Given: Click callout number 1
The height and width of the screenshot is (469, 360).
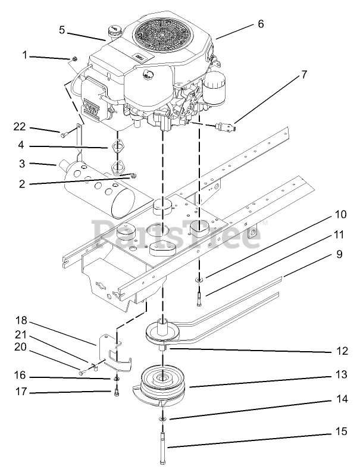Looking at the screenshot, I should pyautogui.click(x=26, y=55).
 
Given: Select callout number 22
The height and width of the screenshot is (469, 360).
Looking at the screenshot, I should pyautogui.click(x=20, y=126).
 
